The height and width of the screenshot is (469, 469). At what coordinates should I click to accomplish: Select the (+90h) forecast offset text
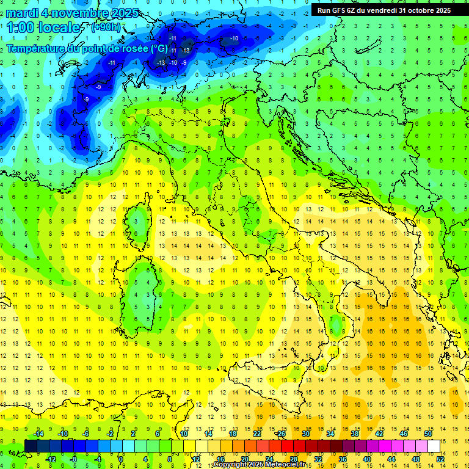coord(106,27)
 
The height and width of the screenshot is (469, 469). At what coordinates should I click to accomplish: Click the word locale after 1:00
coord(59,27)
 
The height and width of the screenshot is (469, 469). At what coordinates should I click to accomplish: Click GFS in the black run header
coord(340,10)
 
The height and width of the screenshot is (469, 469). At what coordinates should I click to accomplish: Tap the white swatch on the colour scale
coord(434,446)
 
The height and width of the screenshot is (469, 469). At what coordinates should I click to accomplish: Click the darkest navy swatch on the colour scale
coord(31,446)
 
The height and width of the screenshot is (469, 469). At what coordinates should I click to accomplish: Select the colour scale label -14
coord(38,433)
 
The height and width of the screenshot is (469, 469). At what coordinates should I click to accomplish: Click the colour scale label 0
coord(121,459)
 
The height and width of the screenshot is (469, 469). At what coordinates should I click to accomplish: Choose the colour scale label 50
coord(428,433)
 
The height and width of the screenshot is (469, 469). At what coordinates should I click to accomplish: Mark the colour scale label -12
coord(51,459)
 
